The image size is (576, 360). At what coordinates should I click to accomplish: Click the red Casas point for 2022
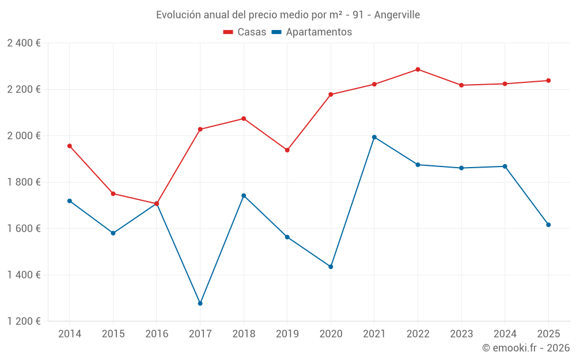click(418, 70)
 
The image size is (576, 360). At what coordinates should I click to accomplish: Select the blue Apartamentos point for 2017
click(200, 304)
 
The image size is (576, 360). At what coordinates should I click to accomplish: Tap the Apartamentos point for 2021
click(374, 137)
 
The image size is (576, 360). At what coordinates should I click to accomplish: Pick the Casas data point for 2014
click(70, 146)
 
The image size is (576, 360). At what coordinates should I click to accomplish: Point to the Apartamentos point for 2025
click(548, 225)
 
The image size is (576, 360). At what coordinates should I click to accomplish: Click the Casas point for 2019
click(287, 150)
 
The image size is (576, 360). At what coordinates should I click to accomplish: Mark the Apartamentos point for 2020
click(331, 267)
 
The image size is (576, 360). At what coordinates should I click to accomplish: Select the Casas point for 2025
click(548, 81)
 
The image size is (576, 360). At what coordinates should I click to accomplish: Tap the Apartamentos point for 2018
click(244, 196)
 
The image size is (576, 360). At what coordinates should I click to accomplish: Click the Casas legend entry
click(245, 32)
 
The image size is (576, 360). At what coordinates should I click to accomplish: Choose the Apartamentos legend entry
click(312, 32)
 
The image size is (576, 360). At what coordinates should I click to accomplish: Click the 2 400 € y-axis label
click(24, 43)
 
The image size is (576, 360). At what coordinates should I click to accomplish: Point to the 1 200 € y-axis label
click(24, 321)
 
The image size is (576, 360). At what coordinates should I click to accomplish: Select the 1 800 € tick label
click(24, 182)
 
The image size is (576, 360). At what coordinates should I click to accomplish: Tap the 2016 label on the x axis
click(157, 334)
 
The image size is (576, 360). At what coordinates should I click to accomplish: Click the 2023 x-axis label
click(461, 334)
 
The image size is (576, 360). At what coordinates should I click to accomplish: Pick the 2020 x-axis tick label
click(331, 334)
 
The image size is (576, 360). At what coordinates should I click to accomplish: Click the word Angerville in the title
click(397, 14)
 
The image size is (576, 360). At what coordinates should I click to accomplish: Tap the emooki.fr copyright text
click(526, 348)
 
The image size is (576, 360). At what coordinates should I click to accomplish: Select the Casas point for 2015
click(113, 194)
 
